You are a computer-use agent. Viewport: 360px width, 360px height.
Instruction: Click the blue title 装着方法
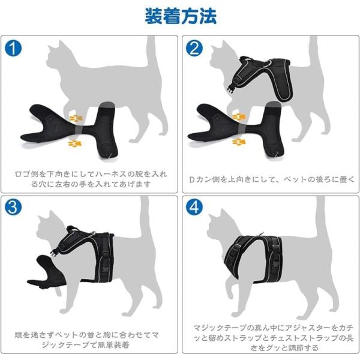coord(181,16)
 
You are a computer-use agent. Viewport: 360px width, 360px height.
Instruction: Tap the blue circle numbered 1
coord(13,48)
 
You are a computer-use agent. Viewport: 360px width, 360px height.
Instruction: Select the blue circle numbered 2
coord(194,48)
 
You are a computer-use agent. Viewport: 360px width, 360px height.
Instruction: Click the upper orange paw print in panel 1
coord(76,118)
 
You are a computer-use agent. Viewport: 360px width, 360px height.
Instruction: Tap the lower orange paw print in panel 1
coord(75,144)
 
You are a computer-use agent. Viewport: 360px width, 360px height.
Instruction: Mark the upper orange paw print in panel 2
coord(239,116)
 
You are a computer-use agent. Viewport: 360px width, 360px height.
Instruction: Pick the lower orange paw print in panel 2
coord(239,142)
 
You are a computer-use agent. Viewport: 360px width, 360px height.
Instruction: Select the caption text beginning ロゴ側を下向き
coord(91,179)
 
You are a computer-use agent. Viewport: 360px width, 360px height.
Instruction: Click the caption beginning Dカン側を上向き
coord(272,179)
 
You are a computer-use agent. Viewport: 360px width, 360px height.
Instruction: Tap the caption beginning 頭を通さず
coord(86,340)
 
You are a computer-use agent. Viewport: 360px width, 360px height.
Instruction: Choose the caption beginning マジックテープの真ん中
coord(273,338)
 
